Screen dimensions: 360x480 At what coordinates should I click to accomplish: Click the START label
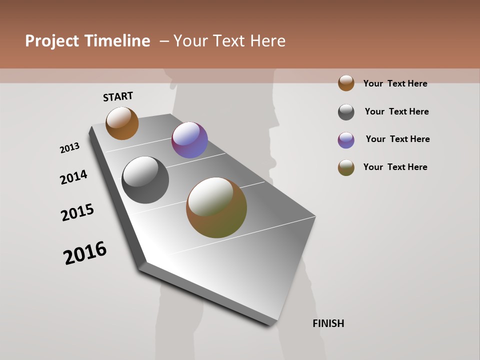click(x=118, y=96)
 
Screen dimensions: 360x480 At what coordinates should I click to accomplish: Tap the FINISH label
click(x=328, y=323)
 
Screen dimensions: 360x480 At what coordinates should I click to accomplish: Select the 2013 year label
click(x=70, y=148)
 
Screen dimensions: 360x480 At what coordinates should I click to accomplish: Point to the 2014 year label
click(x=74, y=177)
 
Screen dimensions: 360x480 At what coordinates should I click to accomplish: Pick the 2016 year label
click(x=85, y=253)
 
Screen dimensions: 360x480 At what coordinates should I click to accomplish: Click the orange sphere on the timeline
click(x=122, y=123)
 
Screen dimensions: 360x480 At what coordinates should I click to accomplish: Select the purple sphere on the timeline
click(x=189, y=140)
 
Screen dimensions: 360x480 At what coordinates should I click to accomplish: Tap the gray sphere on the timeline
click(x=145, y=180)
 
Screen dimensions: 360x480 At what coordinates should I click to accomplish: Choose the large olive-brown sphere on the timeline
click(x=216, y=207)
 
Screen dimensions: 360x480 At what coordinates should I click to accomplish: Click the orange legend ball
click(x=346, y=83)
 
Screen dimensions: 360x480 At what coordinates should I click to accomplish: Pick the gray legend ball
click(x=346, y=112)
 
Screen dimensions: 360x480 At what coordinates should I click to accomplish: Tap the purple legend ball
click(x=346, y=140)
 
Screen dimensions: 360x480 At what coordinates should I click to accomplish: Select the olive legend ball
click(x=346, y=168)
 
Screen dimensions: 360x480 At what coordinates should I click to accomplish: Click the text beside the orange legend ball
click(x=395, y=83)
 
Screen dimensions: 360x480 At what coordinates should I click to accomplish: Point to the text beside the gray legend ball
click(x=396, y=111)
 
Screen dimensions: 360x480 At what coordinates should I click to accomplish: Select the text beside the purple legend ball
click(x=397, y=139)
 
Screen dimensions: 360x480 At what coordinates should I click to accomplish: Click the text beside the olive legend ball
click(x=395, y=167)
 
